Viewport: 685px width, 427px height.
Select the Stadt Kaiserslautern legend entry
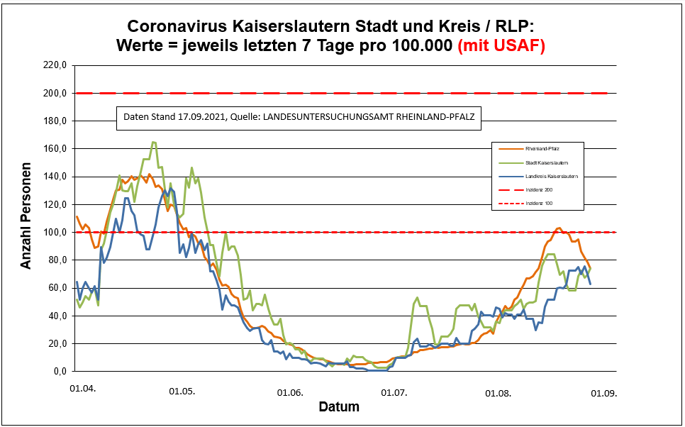pyautogui.click(x=545, y=162)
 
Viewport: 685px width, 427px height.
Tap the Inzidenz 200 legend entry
pyautogui.click(x=538, y=190)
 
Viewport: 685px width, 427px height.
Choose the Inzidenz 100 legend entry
pyautogui.click(x=538, y=204)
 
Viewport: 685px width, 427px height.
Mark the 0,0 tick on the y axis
pyautogui.click(x=59, y=372)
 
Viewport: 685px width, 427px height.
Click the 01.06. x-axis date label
pyautogui.click(x=289, y=392)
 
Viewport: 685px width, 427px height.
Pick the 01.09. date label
pyautogui.click(x=604, y=392)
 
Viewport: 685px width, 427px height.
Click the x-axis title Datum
pyautogui.click(x=338, y=407)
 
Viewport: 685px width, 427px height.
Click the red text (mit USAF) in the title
pyautogui.click(x=501, y=45)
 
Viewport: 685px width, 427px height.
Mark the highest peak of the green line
pyautogui.click(x=153, y=142)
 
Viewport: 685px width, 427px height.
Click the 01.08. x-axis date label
pyautogui.click(x=498, y=392)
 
